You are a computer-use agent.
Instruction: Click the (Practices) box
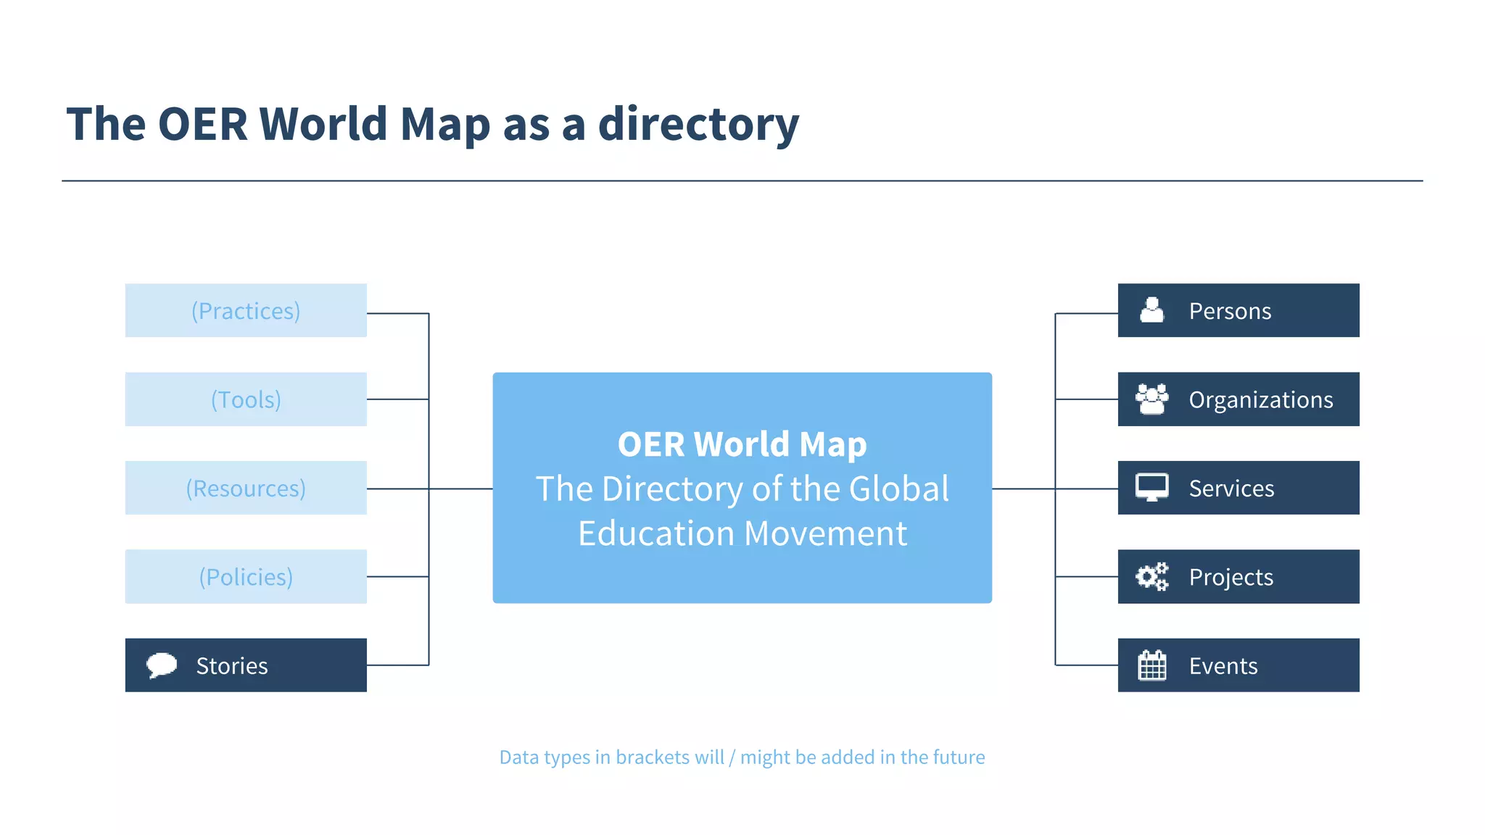[246, 310]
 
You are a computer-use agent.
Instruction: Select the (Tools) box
[246, 399]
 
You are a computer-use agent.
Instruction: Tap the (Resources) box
[246, 488]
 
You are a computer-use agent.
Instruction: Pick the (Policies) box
[246, 576]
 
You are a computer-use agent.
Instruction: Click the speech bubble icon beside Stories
[162, 665]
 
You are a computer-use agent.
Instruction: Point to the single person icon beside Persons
[1151, 310]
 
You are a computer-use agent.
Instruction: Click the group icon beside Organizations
[1151, 399]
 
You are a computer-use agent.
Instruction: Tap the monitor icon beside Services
[1151, 487]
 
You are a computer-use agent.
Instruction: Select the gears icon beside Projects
[1151, 576]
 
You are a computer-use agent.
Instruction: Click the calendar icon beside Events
[1151, 665]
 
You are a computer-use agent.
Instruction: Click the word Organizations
[1260, 399]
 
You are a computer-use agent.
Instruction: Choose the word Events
[1223, 665]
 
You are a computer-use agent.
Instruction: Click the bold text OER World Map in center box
[742, 444]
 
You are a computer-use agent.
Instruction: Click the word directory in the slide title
[698, 124]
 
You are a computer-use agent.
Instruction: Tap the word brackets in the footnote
[652, 757]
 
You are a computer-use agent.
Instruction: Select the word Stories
[231, 665]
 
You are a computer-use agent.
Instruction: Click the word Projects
[1230, 577]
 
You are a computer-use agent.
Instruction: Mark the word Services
[1231, 488]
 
